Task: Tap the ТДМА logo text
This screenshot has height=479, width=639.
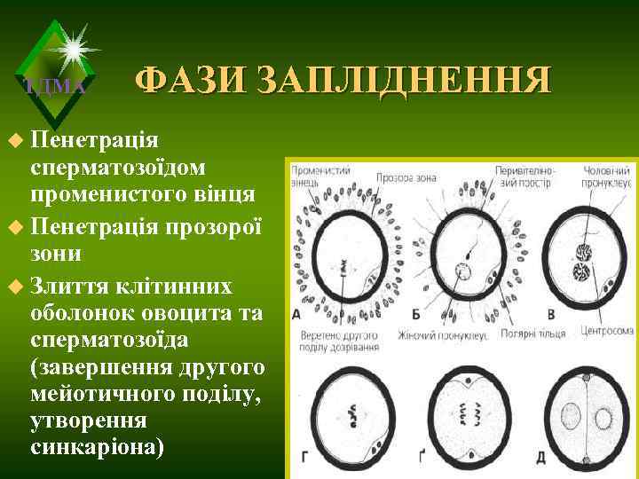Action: click(x=55, y=86)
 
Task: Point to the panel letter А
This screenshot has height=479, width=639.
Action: click(x=296, y=315)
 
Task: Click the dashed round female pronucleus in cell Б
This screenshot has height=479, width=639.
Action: click(x=461, y=270)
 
